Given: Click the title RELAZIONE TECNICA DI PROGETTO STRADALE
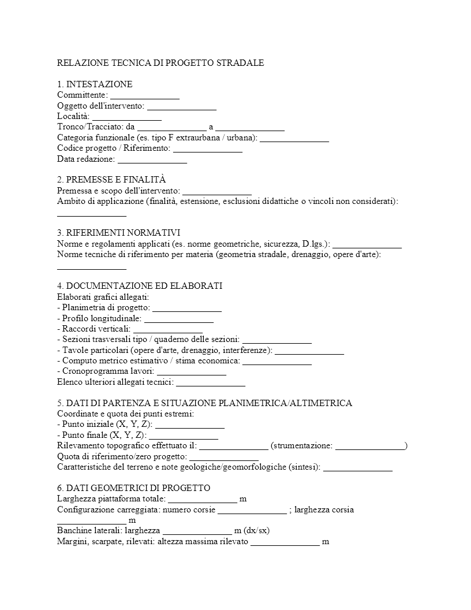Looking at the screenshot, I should coord(160,62).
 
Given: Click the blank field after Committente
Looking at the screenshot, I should coord(144,95).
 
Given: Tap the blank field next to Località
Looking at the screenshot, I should coord(126,116).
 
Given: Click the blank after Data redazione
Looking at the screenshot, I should coord(152,159).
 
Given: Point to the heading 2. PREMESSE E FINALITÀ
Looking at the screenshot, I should coord(111,180).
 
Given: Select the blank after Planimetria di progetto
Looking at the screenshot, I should coord(187,307).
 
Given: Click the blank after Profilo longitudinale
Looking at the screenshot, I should coord(179,318).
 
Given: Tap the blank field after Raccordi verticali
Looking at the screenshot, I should coord(168,329).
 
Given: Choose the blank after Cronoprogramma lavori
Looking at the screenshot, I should coord(191,371).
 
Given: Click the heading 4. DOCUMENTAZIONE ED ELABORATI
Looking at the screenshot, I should coord(140,286).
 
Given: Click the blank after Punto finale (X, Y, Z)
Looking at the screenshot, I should coord(183,435).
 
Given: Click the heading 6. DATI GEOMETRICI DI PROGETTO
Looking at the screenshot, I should coord(133,488).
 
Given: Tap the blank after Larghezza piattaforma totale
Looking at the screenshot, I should coord(202,499).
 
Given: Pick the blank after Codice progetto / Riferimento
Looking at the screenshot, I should coord(207,148).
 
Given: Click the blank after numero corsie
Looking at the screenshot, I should coord(252,509).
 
